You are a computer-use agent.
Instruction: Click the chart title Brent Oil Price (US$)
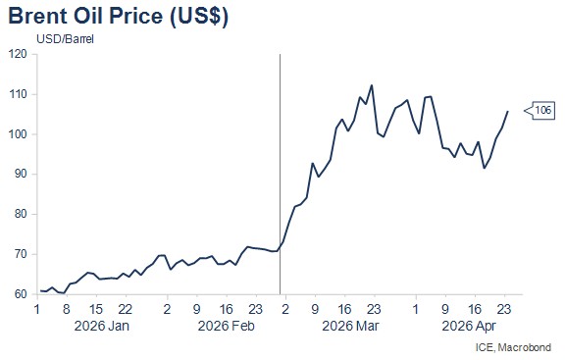coord(118,17)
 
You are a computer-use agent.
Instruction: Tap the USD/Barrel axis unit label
coord(65,39)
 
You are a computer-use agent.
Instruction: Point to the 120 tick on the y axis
coord(18,54)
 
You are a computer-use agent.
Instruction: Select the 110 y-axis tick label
coord(18,94)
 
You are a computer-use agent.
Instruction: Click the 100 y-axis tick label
coord(18,134)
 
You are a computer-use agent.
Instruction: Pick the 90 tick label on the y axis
coord(21,174)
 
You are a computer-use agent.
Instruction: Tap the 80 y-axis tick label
coord(21,214)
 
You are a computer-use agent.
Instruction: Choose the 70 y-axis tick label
coord(21,254)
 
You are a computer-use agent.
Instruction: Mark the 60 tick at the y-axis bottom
coord(21,294)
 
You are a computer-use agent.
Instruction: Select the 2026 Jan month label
coord(102,326)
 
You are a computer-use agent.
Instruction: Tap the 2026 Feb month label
coord(227,326)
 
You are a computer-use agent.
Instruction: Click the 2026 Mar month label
coord(350,326)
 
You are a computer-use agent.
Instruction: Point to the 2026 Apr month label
coord(469,326)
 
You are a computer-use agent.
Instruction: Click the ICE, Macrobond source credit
coord(513,347)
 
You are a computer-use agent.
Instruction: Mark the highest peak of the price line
coord(372,85)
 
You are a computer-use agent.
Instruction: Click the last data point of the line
coord(508,112)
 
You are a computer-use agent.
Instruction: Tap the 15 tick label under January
coord(96,309)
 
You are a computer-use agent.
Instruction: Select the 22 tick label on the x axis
coord(126,309)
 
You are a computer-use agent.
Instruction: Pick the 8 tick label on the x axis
coord(67,309)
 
